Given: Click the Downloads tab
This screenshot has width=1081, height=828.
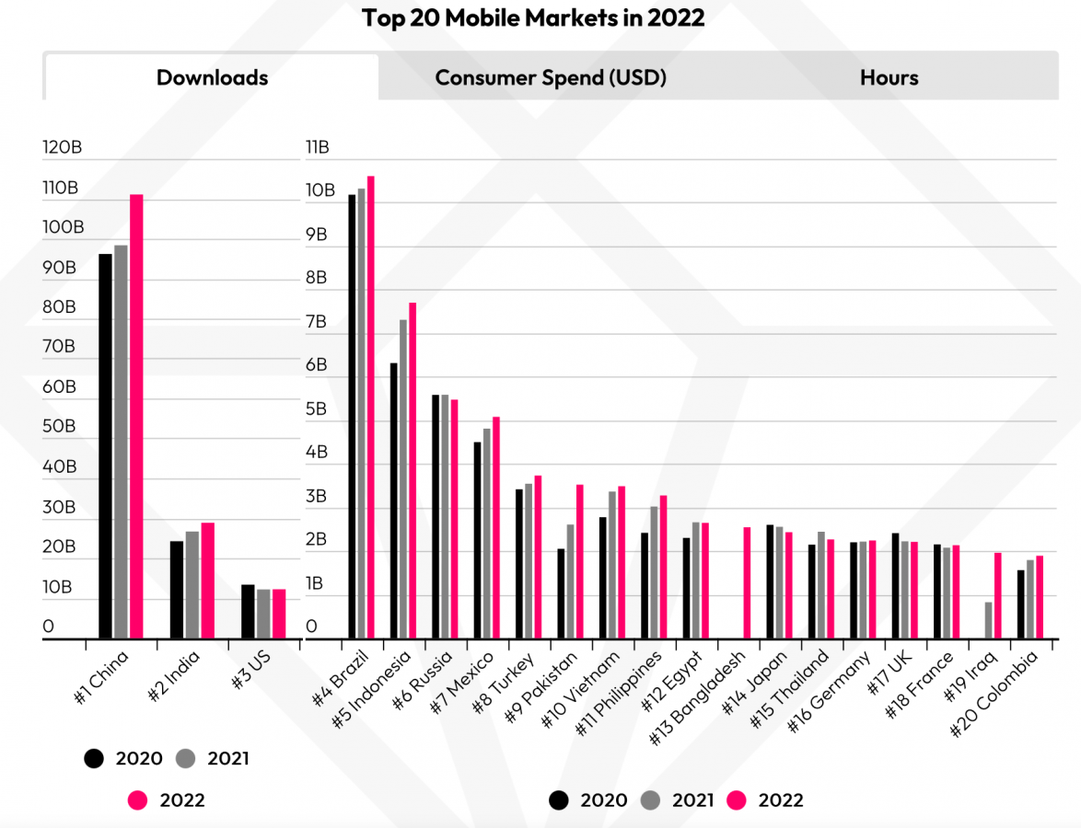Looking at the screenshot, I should (x=212, y=77).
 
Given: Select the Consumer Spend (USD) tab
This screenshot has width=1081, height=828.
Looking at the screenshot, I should (x=551, y=77).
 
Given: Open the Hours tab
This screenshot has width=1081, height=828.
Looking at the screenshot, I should (x=889, y=77).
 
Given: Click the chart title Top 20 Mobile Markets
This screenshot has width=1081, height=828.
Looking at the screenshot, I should (x=533, y=17).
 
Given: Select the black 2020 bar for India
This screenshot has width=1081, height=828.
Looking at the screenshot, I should (x=177, y=589).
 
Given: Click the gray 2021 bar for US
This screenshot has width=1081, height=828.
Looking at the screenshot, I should (x=263, y=614).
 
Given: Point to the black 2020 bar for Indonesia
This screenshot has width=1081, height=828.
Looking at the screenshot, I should (x=394, y=500).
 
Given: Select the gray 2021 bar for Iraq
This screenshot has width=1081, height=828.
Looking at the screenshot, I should (x=989, y=620).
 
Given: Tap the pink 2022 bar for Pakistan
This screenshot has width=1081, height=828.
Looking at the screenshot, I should (x=580, y=561).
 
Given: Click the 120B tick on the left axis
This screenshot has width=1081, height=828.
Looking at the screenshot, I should (x=62, y=148).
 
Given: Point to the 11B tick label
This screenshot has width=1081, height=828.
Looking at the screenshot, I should (x=317, y=148).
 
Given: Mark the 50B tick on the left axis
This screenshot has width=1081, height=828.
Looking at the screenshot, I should (x=61, y=427).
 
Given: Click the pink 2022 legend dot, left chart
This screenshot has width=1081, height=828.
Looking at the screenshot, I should (x=138, y=800).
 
